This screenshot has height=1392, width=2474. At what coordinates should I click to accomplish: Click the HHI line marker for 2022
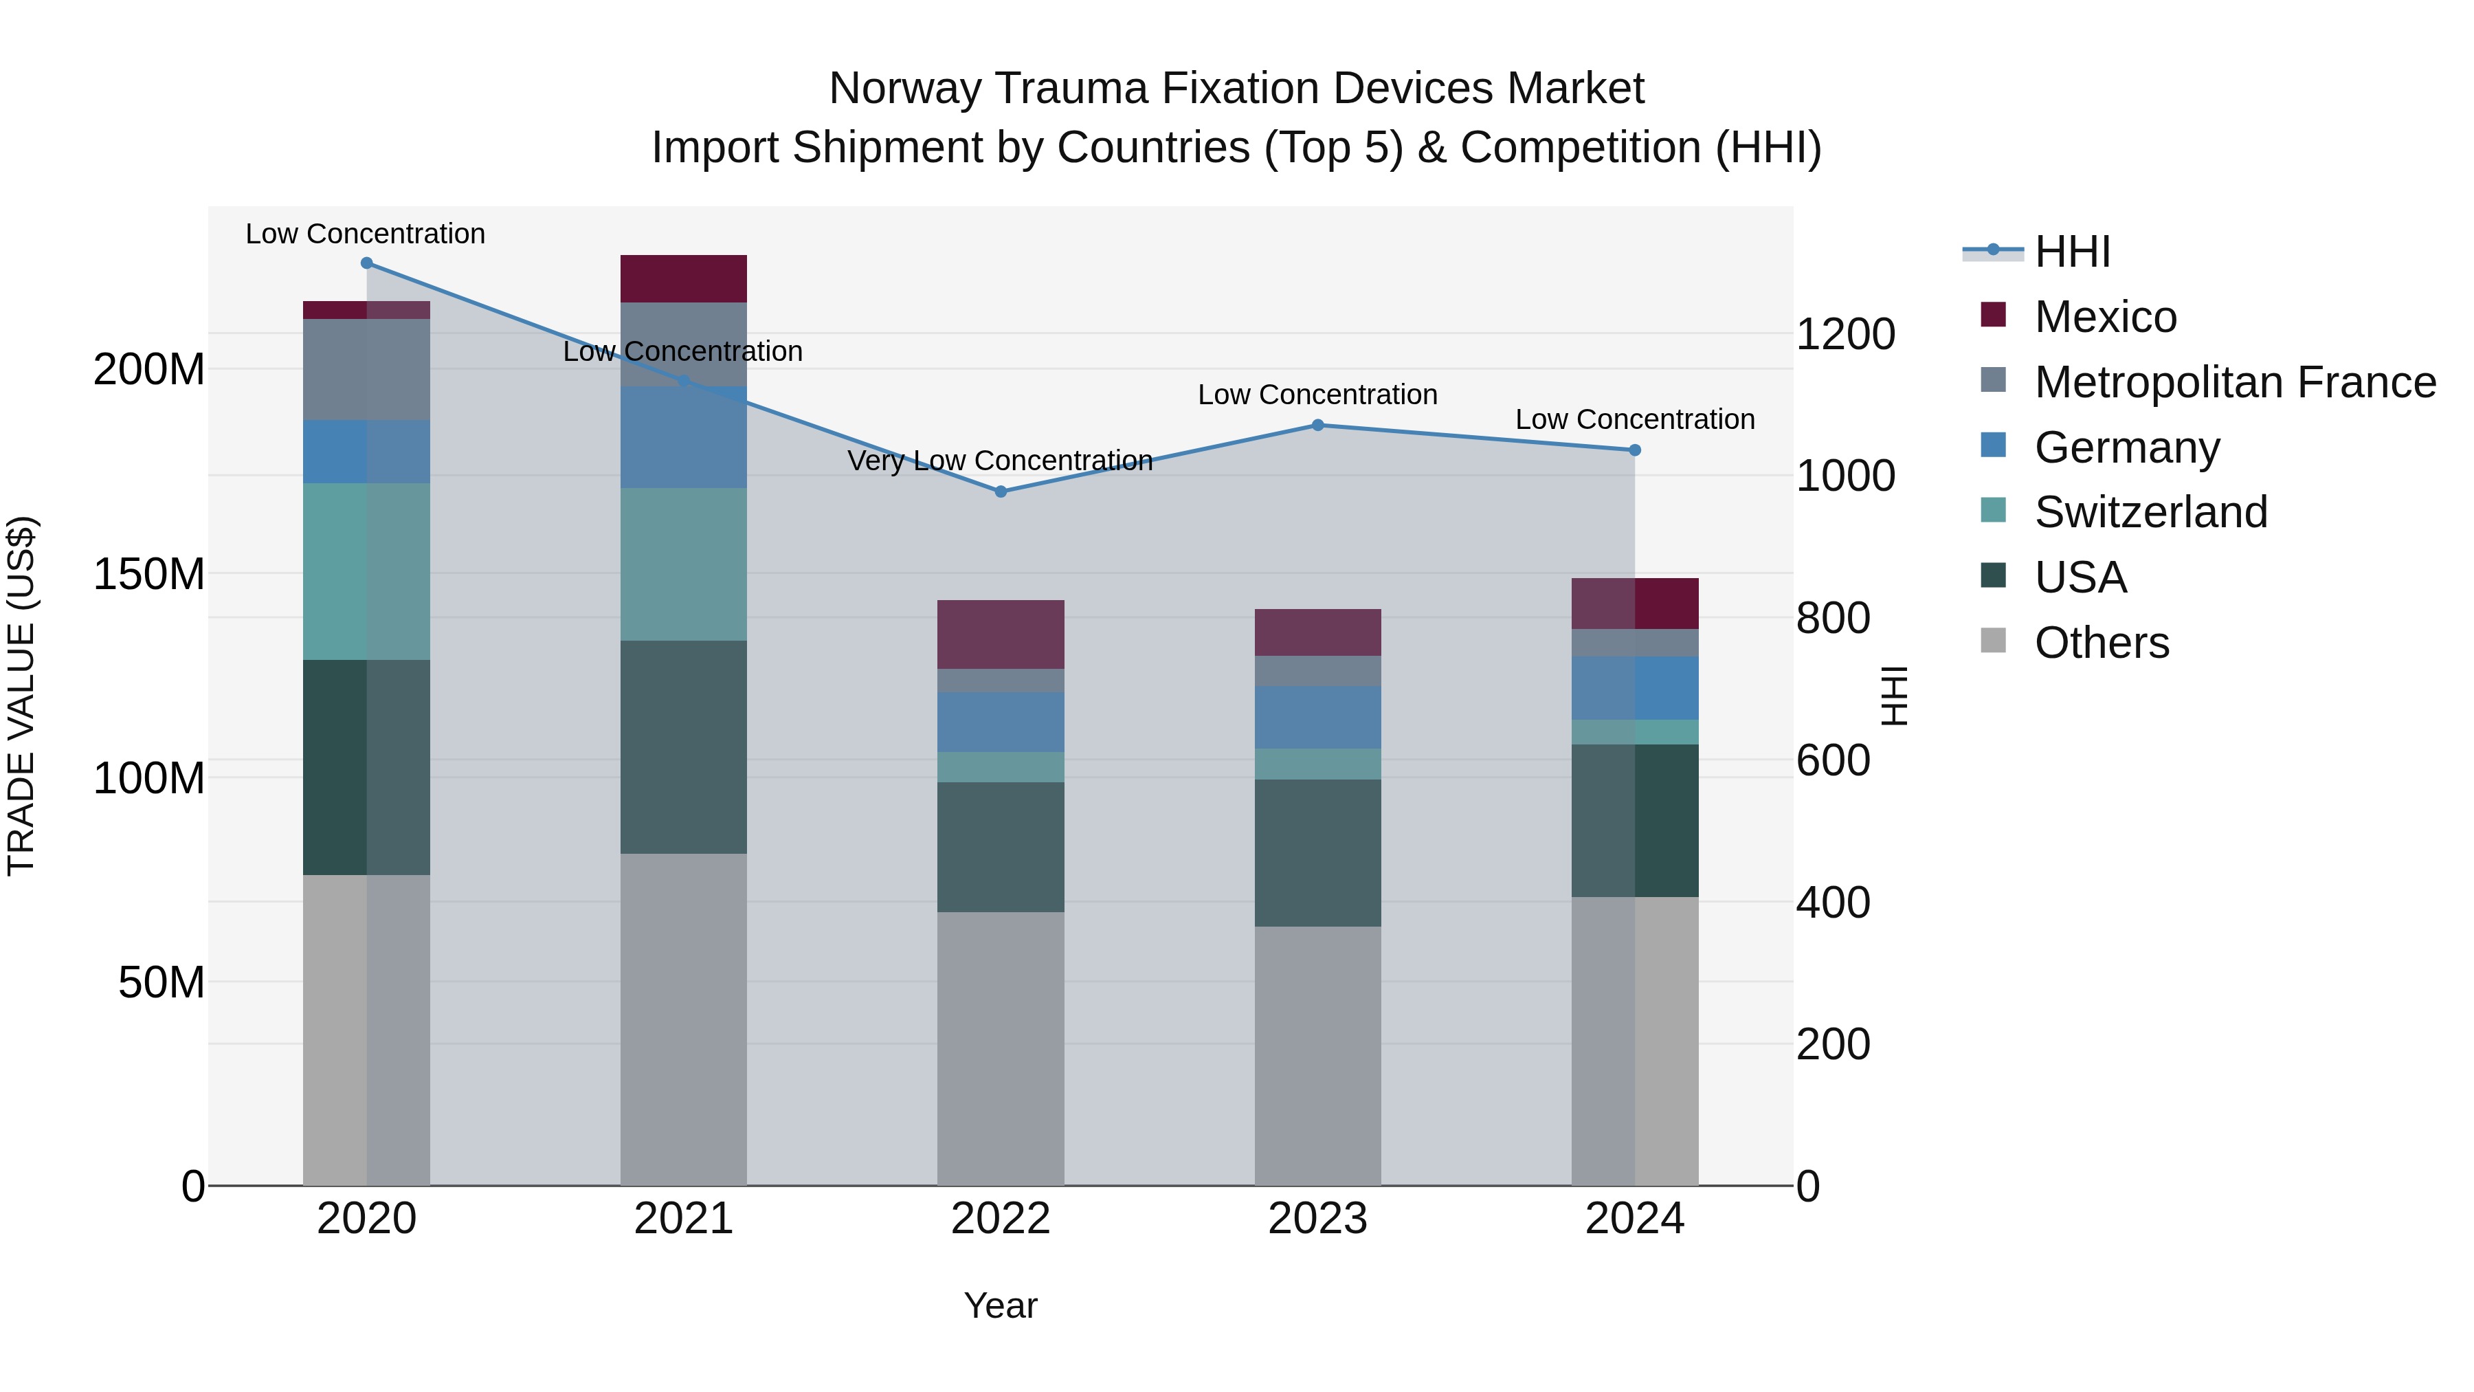pyautogui.click(x=1000, y=491)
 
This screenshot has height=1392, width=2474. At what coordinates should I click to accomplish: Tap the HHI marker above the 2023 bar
pyautogui.click(x=1317, y=425)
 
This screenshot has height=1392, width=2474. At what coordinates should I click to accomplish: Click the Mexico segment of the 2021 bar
pyautogui.click(x=683, y=278)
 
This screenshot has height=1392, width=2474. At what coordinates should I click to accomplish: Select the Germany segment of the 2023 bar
pyautogui.click(x=1317, y=717)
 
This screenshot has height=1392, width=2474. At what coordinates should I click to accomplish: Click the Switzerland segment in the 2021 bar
pyautogui.click(x=683, y=564)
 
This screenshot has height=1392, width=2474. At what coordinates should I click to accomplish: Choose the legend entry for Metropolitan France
pyautogui.click(x=2234, y=382)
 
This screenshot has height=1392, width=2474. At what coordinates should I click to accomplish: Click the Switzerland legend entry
pyautogui.click(x=2150, y=512)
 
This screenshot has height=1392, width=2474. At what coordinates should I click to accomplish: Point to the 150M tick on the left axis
pyautogui.click(x=149, y=575)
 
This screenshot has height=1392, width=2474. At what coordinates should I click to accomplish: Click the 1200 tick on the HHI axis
pyautogui.click(x=1844, y=334)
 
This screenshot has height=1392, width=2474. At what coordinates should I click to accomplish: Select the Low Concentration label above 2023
pyautogui.click(x=1317, y=395)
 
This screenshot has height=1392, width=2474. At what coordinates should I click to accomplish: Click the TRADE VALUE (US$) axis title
pyautogui.click(x=21, y=696)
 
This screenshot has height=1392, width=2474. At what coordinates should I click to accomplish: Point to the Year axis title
pyautogui.click(x=1000, y=1305)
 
